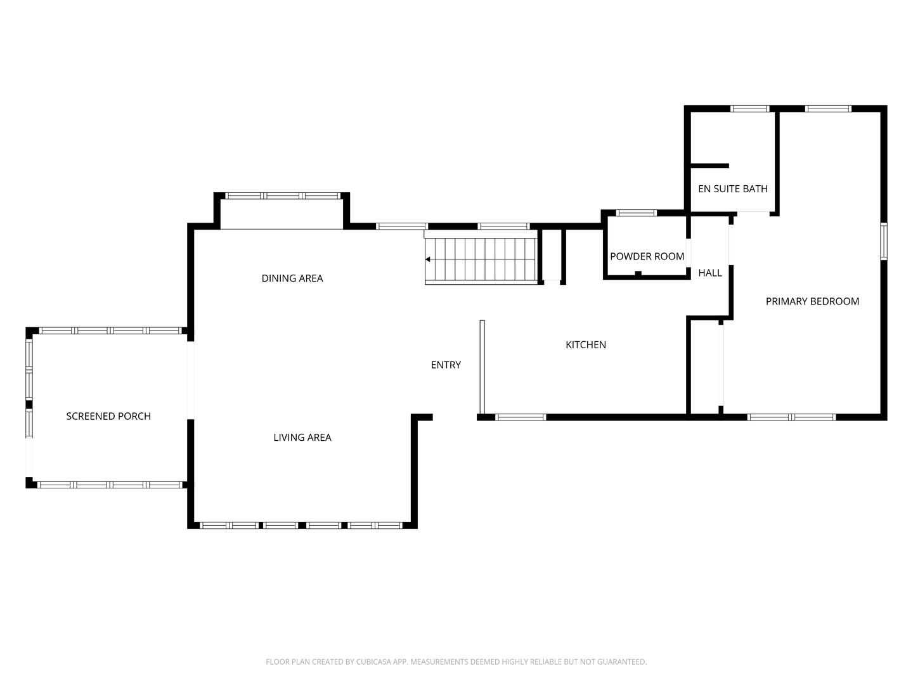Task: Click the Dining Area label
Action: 292,278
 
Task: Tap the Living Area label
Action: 302,438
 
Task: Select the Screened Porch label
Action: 108,417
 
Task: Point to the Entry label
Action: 446,365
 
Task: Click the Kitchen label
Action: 586,345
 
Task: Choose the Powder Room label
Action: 647,257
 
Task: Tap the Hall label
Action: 710,273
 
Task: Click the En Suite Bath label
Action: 733,189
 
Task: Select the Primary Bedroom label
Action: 812,302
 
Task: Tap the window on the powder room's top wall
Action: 637,213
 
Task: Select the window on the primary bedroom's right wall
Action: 883,241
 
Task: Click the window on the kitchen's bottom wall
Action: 520,417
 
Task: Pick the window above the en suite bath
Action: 750,109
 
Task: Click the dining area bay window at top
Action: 283,196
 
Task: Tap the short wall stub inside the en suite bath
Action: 709,166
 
